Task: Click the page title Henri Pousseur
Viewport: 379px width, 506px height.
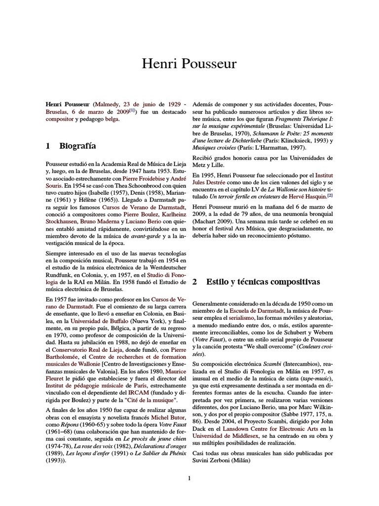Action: (189, 64)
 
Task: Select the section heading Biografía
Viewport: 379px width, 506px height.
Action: (77, 146)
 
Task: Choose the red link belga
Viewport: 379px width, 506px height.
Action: (113, 120)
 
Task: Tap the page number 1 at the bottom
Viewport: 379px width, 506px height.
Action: (189, 478)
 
